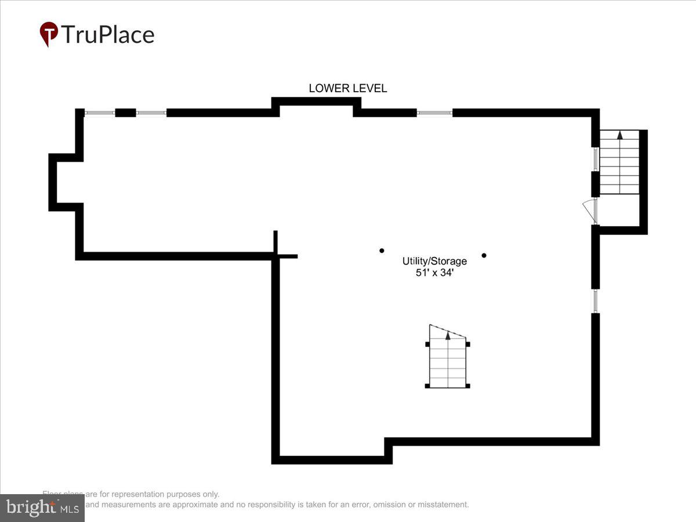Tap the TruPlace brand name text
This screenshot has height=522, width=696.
tap(107, 35)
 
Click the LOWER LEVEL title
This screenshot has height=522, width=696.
tap(347, 88)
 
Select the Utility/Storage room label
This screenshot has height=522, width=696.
tap(434, 262)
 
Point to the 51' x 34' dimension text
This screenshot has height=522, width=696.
tap(434, 273)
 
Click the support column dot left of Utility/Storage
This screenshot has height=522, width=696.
tap(382, 251)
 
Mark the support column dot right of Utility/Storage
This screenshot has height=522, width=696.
tap(484, 255)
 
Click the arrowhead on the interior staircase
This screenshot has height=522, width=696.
tap(448, 335)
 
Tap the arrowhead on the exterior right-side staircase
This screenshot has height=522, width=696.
tap(619, 135)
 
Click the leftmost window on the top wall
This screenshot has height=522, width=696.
tap(100, 113)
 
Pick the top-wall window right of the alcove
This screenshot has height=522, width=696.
tap(434, 113)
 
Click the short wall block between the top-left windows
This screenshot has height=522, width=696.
tap(125, 113)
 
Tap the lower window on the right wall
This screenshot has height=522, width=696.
tap(595, 301)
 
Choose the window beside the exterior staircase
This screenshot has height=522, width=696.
tap(595, 159)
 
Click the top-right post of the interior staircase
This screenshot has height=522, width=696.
tap(468, 344)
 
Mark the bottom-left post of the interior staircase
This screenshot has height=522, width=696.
tap(427, 386)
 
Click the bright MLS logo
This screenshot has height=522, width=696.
tap(42, 508)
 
